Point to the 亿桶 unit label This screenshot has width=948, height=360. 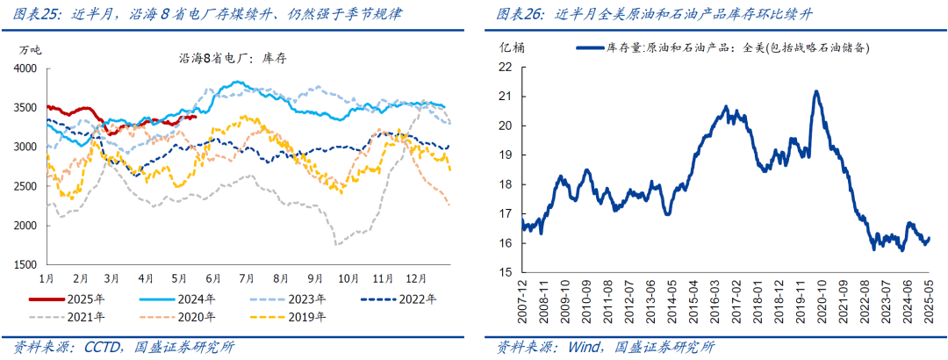point(513,47)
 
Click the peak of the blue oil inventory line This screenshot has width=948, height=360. point(816,91)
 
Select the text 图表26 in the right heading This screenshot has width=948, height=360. point(519,15)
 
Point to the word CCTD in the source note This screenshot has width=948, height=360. point(108,347)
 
